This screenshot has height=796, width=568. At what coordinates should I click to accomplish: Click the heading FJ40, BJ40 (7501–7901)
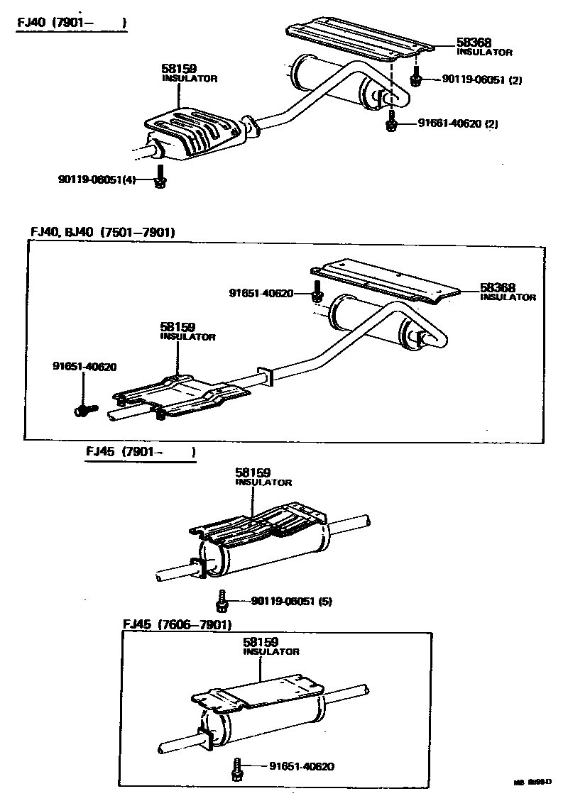click(102, 232)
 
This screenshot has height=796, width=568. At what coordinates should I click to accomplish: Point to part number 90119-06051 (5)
click(291, 602)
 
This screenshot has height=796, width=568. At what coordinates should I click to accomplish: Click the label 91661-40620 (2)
click(457, 123)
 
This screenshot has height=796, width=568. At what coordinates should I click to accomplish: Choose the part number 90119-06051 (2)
click(481, 80)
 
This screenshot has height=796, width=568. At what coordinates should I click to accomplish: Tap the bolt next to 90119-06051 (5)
click(222, 601)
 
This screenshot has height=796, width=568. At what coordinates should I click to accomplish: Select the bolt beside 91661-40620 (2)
click(390, 122)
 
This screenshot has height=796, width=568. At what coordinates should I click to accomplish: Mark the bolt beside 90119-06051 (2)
click(417, 78)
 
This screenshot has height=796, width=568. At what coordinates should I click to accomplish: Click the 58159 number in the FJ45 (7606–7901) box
click(261, 642)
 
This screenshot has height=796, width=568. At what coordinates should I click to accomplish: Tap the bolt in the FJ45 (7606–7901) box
click(236, 768)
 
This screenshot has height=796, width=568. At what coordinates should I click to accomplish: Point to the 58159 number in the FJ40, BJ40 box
click(177, 327)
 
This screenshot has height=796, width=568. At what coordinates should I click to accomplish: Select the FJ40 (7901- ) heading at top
click(72, 23)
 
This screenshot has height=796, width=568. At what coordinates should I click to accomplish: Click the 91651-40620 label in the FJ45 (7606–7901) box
click(302, 766)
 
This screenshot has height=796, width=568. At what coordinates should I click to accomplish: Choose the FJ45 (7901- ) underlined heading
click(140, 451)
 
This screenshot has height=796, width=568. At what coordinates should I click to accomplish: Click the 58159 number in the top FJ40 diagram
click(180, 69)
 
